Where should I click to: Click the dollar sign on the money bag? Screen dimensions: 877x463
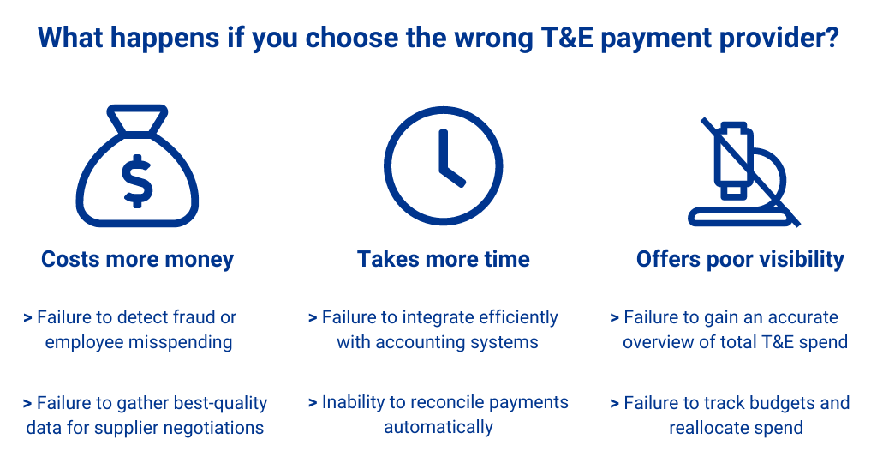(x=137, y=181)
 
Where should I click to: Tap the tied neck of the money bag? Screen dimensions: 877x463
(x=137, y=120)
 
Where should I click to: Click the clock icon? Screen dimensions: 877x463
(x=443, y=165)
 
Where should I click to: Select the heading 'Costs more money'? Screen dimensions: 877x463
(x=137, y=259)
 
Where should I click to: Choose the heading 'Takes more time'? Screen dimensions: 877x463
(x=443, y=259)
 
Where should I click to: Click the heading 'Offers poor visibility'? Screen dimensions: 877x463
(x=740, y=259)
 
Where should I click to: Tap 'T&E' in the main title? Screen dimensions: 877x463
(x=567, y=38)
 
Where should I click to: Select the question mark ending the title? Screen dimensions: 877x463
(x=832, y=38)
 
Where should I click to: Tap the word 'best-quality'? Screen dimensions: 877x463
(x=220, y=403)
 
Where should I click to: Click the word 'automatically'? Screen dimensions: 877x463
(x=438, y=427)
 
